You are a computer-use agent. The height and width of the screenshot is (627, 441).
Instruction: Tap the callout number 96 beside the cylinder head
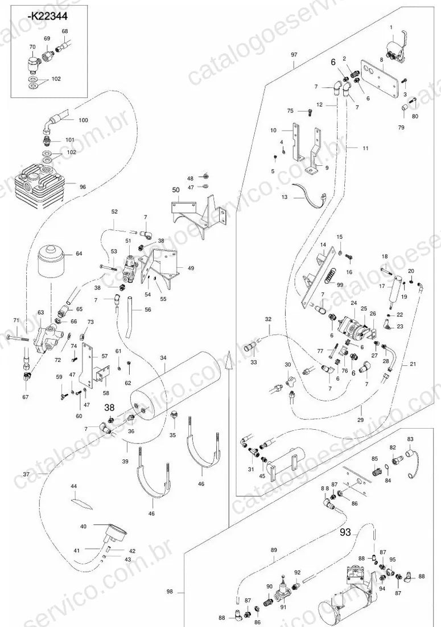coord(83,187)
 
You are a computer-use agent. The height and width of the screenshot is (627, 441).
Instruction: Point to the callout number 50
coord(176,190)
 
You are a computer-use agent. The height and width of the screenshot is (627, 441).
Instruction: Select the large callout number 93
coord(345,532)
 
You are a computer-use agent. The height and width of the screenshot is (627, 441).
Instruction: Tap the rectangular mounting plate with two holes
coord(380,79)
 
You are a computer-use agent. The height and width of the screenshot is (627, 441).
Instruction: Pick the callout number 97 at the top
coord(294,54)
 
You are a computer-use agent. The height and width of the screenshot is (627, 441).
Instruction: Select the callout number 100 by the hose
coord(84,120)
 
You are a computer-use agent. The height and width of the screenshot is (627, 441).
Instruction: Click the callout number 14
coord(323,245)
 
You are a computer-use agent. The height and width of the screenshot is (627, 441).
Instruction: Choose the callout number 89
coord(274,550)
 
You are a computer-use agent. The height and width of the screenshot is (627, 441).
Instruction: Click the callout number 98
coord(170,592)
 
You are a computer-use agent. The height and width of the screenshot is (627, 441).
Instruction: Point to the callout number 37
coord(26,475)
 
